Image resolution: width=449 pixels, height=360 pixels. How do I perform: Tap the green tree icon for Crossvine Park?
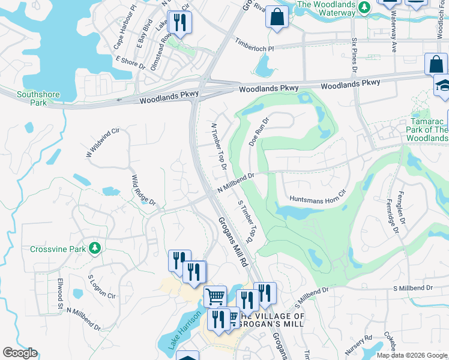[94, 248]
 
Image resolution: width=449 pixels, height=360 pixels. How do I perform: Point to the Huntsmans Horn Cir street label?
[318, 196]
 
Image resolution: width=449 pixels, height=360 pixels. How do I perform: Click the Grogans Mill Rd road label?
[233, 242]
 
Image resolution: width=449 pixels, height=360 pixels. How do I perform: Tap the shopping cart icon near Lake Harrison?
[215, 296]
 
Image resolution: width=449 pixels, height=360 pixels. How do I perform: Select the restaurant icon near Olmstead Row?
[179, 23]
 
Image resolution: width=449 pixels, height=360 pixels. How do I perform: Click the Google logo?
[20, 353]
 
